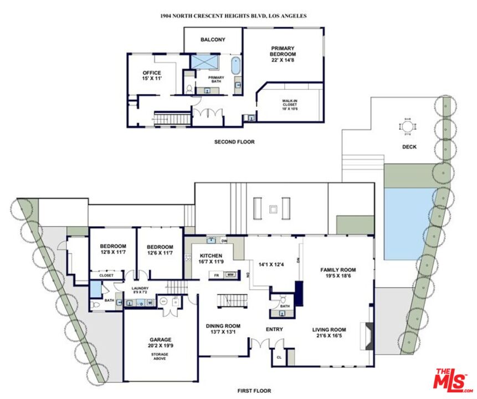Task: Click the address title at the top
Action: tap(233, 16)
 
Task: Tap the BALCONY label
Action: tap(213, 39)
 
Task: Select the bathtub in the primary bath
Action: tap(235, 65)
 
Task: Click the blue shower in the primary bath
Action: tap(204, 62)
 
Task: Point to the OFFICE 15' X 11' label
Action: tap(152, 75)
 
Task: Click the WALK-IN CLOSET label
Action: tap(290, 105)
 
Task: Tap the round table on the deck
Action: tap(408, 126)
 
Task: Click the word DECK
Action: tap(409, 147)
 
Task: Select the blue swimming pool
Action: tap(409, 224)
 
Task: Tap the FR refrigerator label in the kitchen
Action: tap(217, 275)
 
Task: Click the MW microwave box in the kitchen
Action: tap(230, 275)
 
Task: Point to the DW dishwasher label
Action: tap(224, 241)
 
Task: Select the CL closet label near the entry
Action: tap(279, 357)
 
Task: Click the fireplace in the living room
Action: tap(367, 336)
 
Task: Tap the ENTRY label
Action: tap(274, 329)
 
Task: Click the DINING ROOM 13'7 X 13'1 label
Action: tap(223, 329)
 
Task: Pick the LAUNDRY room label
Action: tap(140, 290)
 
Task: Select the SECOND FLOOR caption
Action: tap(234, 142)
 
